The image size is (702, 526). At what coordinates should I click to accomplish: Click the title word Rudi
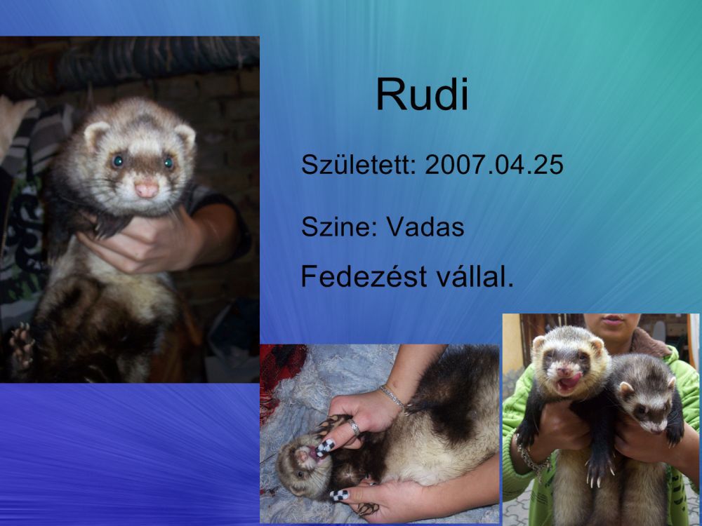click(422, 94)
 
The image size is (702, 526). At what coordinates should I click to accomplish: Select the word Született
click(358, 164)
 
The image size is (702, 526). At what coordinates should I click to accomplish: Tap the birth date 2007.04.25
click(494, 164)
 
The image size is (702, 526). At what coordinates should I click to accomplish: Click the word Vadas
click(425, 227)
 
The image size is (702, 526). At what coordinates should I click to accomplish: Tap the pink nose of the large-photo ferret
click(147, 189)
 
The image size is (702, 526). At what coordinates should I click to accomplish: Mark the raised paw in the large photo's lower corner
click(22, 345)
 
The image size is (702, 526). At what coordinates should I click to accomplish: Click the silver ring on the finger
click(354, 426)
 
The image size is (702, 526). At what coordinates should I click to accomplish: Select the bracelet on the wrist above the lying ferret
click(393, 396)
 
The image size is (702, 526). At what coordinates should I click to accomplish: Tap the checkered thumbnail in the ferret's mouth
click(325, 446)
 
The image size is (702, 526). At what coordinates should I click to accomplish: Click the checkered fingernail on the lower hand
click(339, 494)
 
